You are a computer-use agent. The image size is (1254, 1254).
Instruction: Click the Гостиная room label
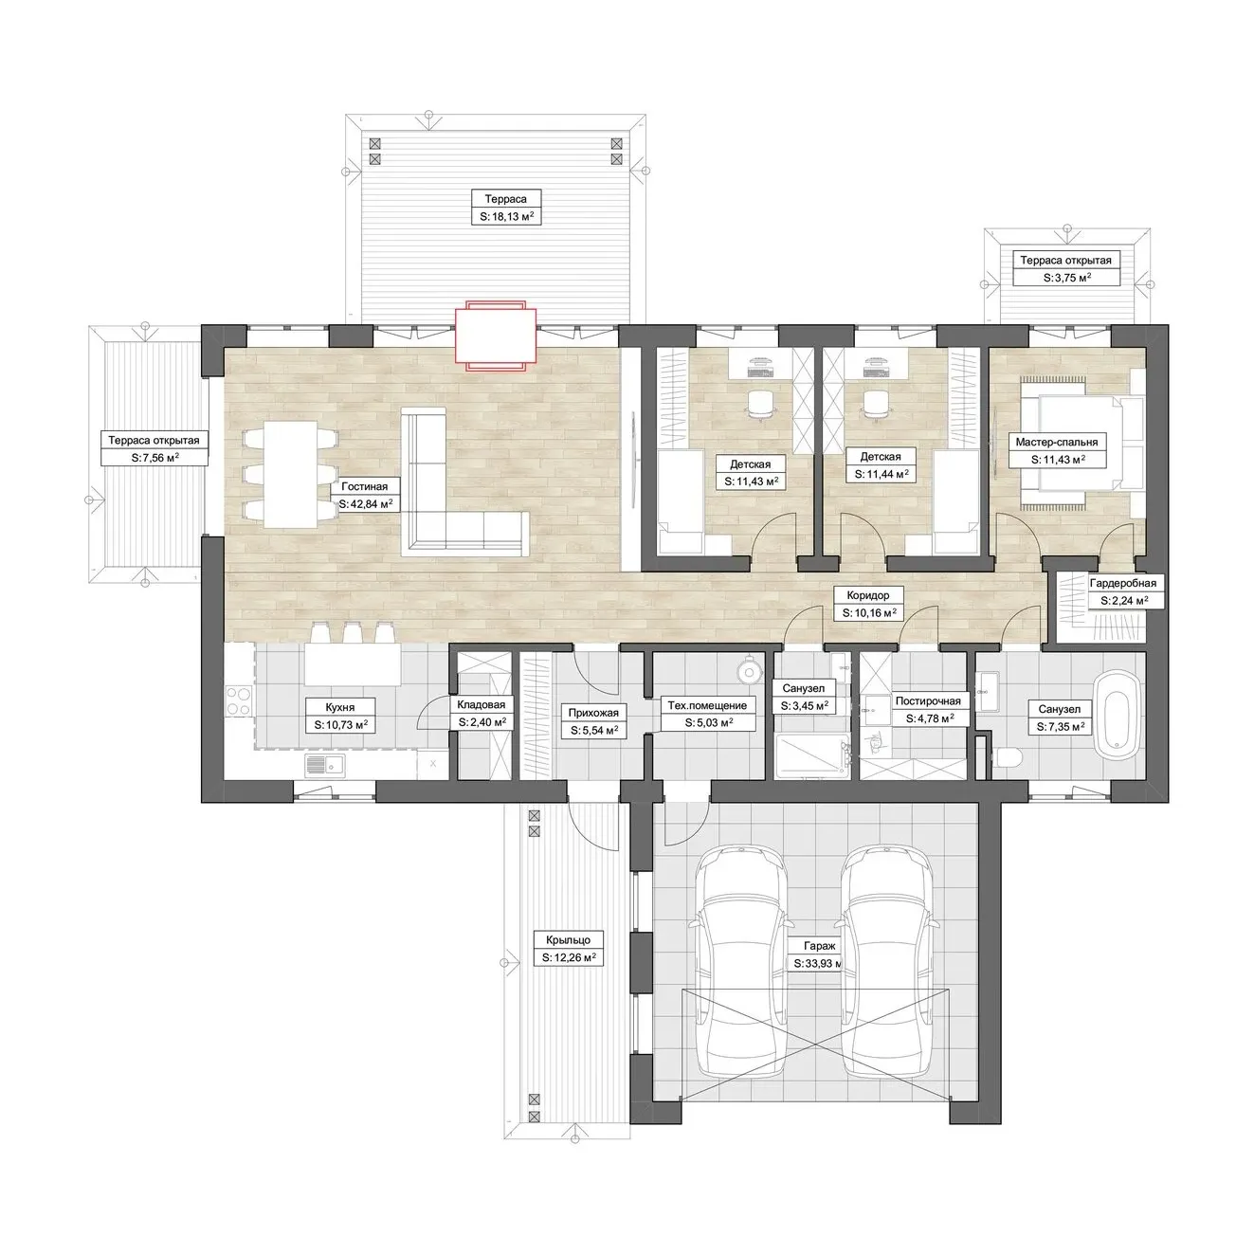[364, 486]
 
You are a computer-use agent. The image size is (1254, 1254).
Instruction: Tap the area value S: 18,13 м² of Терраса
[505, 217]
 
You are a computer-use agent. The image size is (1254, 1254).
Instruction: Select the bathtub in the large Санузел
[1117, 715]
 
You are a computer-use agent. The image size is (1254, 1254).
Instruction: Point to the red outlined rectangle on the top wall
[496, 336]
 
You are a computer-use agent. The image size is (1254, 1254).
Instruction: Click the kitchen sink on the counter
[325, 765]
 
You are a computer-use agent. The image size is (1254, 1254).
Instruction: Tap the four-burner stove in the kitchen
[240, 700]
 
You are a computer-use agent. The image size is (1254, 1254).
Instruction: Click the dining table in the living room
[290, 475]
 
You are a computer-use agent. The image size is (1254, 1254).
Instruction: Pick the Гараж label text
[819, 946]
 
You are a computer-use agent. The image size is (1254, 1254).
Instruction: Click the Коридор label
[867, 595]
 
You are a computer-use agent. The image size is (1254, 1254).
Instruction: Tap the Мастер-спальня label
[1057, 442]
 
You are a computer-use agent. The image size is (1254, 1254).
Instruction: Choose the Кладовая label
[481, 705]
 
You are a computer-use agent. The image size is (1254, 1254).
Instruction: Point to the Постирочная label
[928, 700]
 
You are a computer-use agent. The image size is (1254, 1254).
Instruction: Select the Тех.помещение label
[707, 705]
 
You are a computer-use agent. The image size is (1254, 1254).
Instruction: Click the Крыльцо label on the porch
[568, 939]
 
